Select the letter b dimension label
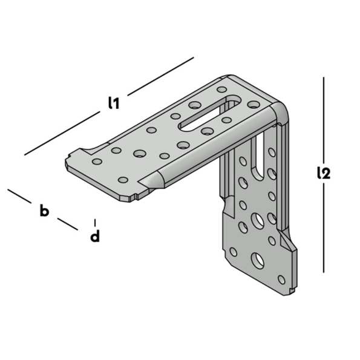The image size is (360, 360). [x=44, y=211]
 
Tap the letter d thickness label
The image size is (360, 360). [x=94, y=237]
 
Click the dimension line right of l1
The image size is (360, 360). [x=160, y=76]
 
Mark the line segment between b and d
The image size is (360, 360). [x=68, y=224]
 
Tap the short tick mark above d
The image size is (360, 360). [x=95, y=221]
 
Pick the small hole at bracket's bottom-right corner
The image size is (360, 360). [x=281, y=279]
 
